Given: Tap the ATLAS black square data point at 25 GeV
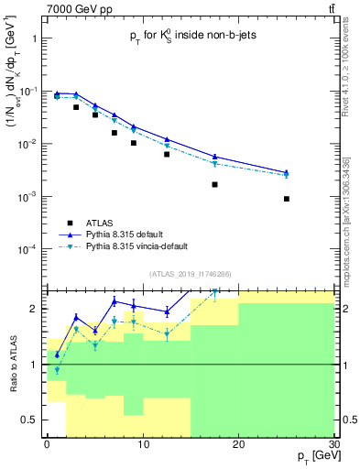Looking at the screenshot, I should coord(287,199).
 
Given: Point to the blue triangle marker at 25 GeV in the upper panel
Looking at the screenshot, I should coord(287,172).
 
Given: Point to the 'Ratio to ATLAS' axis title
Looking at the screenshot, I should coord(12,364).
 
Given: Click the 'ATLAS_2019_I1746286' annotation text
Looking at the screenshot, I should coord(191,273).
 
